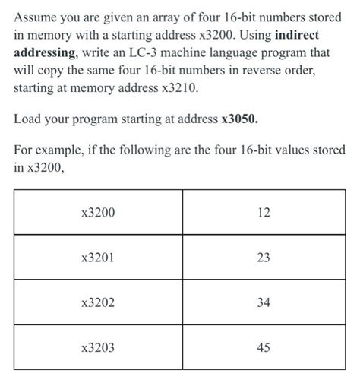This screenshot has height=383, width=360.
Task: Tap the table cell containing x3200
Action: (x=98, y=213)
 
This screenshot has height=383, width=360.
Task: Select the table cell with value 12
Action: (x=264, y=213)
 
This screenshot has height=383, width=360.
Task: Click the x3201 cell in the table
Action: (x=98, y=258)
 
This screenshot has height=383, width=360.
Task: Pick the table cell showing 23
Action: (x=264, y=258)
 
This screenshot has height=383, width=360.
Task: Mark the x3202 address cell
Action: (x=98, y=302)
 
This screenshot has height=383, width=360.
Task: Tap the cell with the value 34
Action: (x=264, y=302)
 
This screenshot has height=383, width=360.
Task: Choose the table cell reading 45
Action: (x=264, y=347)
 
